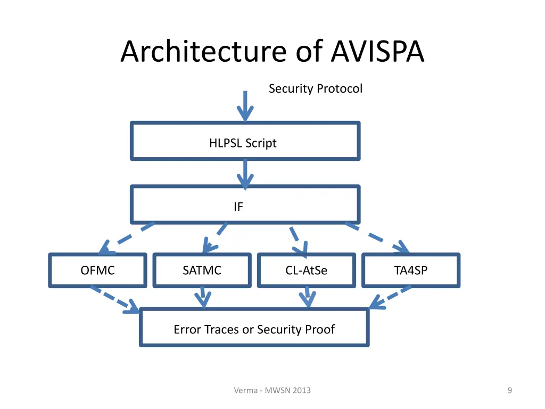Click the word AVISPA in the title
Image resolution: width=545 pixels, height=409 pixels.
[x=377, y=52]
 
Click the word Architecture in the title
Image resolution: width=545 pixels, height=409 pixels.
[x=204, y=52]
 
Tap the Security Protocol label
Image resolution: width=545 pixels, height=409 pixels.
[x=316, y=89]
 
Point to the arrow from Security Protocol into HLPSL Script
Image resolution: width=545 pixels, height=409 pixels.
[x=245, y=106]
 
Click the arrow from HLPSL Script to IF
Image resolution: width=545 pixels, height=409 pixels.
[x=245, y=174]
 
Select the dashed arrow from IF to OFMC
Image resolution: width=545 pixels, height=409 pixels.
[x=127, y=238]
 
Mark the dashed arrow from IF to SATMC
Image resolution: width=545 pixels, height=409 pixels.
[x=215, y=238]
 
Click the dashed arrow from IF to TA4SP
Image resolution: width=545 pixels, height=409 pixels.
[x=377, y=238]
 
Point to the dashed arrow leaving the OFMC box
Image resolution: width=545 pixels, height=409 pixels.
[x=115, y=299]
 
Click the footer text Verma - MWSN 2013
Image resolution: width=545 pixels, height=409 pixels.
[x=272, y=390]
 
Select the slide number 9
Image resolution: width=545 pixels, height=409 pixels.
[x=509, y=390]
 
